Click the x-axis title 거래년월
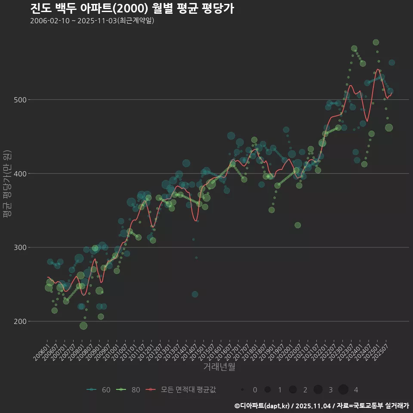(219, 367)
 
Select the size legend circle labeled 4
(343, 390)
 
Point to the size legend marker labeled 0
(243, 390)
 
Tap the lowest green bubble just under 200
(83, 326)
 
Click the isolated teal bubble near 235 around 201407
(195, 294)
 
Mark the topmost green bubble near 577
(376, 42)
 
